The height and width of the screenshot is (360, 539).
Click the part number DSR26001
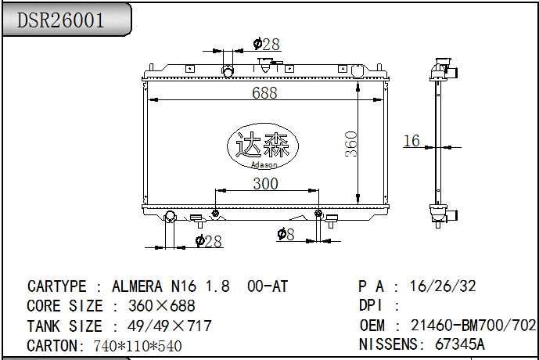point(61,20)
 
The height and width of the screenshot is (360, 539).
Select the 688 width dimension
point(265,93)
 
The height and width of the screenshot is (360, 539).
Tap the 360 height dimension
point(352,144)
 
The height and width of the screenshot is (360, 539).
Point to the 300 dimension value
point(266,184)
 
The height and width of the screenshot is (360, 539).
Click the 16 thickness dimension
point(411,141)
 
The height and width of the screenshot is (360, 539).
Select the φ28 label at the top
point(267,45)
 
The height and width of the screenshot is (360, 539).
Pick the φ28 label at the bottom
point(209,241)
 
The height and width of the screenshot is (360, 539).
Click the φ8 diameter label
point(286,233)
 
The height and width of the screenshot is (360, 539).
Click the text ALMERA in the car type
point(138,286)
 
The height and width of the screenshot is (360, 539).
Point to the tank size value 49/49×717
point(163,326)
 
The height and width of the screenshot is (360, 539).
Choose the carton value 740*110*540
point(138,345)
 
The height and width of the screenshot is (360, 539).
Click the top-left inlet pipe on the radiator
point(228,72)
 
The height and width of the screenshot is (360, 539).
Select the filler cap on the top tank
point(270,68)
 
